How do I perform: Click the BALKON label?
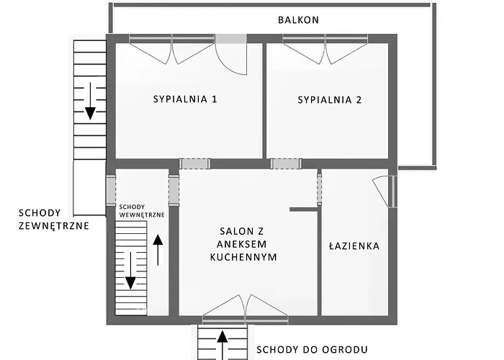click(298, 20)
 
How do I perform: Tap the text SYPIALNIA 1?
click(185, 100)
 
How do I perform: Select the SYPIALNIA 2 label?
click(329, 100)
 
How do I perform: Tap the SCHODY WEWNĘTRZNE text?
click(142, 210)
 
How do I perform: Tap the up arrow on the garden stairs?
click(222, 342)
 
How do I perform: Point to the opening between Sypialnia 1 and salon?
click(194, 163)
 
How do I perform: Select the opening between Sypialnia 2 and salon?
click(284, 163)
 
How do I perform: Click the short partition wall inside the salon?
click(303, 210)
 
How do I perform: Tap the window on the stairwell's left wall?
click(110, 189)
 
